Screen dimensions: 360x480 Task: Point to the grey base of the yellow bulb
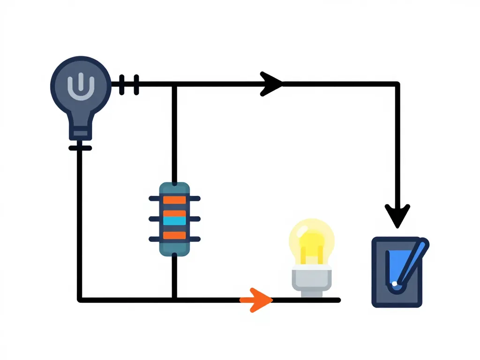(312, 280)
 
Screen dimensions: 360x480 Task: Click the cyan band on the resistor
(174, 219)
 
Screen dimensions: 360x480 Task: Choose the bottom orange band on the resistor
(174, 236)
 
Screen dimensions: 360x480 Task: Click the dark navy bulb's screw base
(80, 131)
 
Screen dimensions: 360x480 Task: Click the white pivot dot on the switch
(395, 284)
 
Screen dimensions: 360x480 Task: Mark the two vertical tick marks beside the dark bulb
(129, 84)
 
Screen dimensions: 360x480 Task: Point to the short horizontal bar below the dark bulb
(80, 148)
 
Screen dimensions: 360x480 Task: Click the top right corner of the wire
(397, 84)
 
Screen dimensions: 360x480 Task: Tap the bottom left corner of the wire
(80, 299)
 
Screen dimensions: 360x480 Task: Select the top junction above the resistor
(174, 84)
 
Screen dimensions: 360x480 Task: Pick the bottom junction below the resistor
(174, 299)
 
